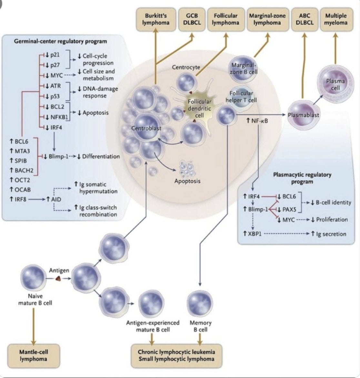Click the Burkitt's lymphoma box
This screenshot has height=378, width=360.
click(156, 19)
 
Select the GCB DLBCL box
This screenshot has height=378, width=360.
click(192, 19)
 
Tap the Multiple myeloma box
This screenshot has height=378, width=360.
click(336, 19)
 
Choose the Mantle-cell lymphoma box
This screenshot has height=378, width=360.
click(34, 355)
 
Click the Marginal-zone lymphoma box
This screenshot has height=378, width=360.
click(267, 19)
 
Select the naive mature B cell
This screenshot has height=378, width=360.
click(33, 277)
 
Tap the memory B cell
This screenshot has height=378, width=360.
click(200, 304)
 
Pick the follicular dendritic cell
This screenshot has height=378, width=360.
click(199, 108)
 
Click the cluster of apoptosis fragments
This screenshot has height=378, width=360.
click(187, 169)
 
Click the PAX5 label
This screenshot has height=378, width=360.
click(289, 209)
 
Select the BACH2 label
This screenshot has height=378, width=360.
click(24, 170)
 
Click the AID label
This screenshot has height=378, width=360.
click(56, 199)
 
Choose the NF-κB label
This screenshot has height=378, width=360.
click(259, 121)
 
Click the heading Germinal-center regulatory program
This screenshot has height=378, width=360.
click(60, 41)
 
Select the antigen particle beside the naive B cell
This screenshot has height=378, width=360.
click(58, 278)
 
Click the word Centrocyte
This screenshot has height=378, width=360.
click(186, 67)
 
